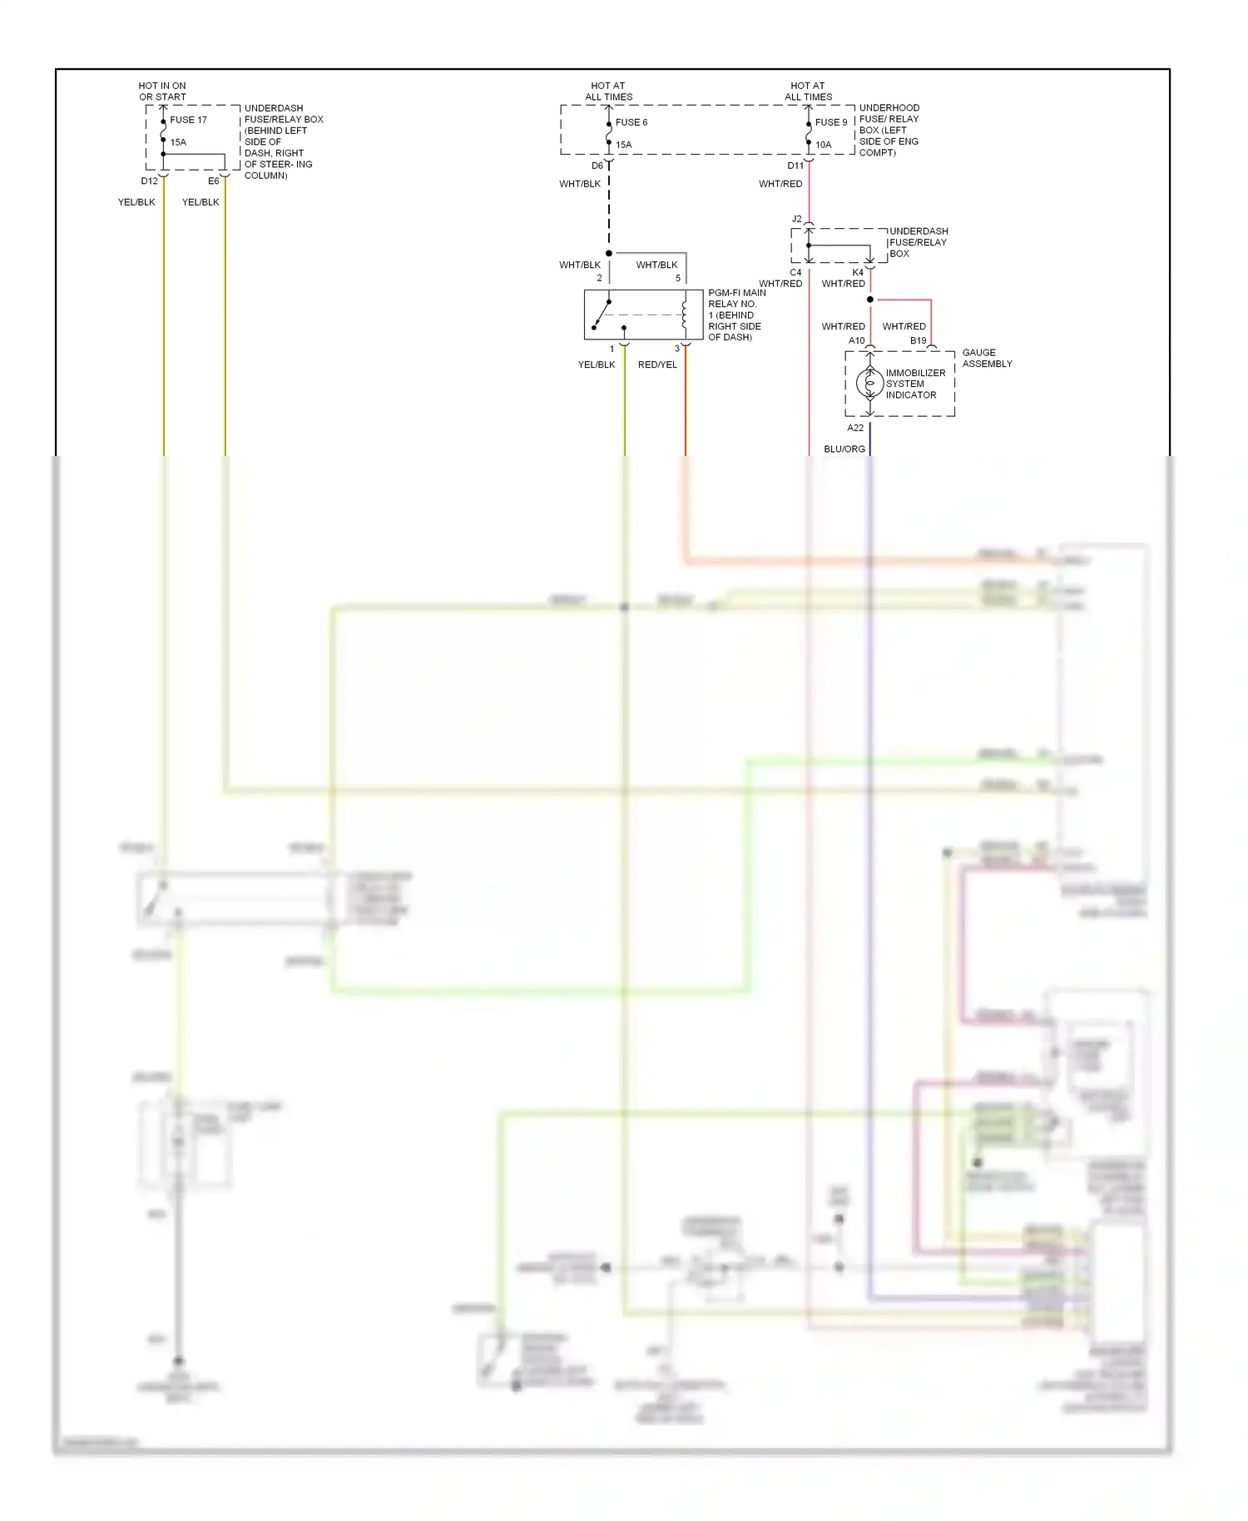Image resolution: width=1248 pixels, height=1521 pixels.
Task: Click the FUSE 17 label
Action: [x=188, y=120]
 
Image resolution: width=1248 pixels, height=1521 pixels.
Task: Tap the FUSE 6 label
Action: [x=631, y=122]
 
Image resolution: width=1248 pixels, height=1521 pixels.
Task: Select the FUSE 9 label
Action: [x=830, y=122]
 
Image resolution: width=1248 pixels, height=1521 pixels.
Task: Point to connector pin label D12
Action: [x=149, y=181]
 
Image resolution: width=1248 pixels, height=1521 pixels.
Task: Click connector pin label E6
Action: [x=213, y=181]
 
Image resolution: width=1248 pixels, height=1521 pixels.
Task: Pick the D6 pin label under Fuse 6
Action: [x=597, y=166]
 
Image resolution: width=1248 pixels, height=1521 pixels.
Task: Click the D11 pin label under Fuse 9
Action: [x=795, y=166]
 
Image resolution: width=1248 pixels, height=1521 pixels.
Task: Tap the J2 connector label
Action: [x=796, y=220]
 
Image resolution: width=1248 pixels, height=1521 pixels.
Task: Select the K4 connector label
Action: [x=858, y=273]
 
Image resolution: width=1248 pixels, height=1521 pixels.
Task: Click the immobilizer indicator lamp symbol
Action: [x=869, y=384]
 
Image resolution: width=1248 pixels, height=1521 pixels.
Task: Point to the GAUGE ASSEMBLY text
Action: [x=987, y=358]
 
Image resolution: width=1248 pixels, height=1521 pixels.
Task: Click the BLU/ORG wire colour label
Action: [x=844, y=449]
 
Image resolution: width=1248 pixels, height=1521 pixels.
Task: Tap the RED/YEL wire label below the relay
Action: [x=657, y=365]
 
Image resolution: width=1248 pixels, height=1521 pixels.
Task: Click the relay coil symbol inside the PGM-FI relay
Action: [x=685, y=315]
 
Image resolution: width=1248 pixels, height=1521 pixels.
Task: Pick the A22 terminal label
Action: [x=855, y=429]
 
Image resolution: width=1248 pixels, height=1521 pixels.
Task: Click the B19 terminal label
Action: [x=918, y=341]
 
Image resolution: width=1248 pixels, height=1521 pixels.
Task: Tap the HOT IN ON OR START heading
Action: [x=162, y=92]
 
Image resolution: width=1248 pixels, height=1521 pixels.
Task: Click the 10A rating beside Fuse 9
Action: [x=823, y=145]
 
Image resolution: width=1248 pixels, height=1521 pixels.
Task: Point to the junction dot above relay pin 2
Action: [x=609, y=253]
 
